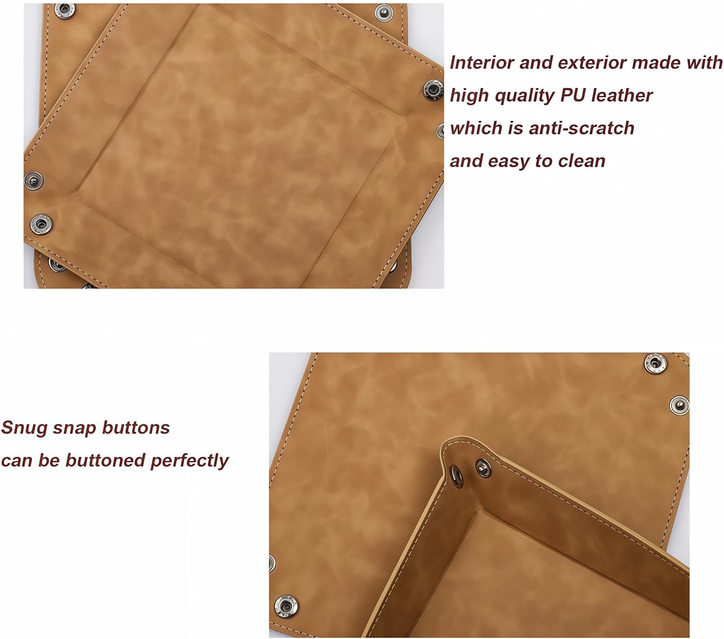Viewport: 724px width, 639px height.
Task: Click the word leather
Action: (622, 95)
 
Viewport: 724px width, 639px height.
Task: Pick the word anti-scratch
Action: (582, 128)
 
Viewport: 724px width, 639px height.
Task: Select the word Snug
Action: (24, 428)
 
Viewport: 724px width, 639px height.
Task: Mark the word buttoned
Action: (105, 460)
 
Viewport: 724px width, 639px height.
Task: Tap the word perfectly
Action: (189, 461)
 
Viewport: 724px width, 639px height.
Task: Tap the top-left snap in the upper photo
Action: (64, 9)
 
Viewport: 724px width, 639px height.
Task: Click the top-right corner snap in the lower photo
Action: (655, 363)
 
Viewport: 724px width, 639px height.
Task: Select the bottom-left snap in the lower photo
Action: (285, 606)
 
